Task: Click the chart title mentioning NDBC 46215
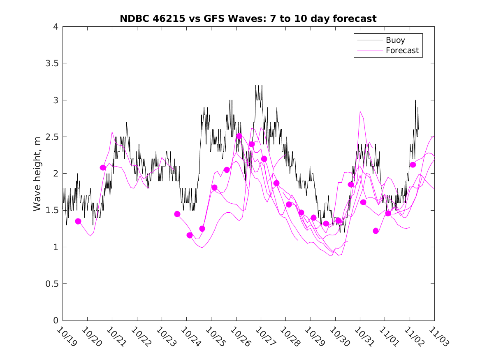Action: tap(248, 19)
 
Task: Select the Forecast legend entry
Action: tap(402, 51)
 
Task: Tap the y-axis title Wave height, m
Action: tap(37, 174)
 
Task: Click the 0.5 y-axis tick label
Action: tap(51, 284)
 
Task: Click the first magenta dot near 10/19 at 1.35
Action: tap(78, 221)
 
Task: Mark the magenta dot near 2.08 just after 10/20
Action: tap(103, 167)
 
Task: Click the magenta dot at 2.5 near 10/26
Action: tap(239, 136)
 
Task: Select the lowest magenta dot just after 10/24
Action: tap(190, 235)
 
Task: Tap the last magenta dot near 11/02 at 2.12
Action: tap(413, 165)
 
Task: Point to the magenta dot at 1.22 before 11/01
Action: tap(376, 231)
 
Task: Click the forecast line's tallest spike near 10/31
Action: tap(360, 111)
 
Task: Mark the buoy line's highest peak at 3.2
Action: tap(256, 86)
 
